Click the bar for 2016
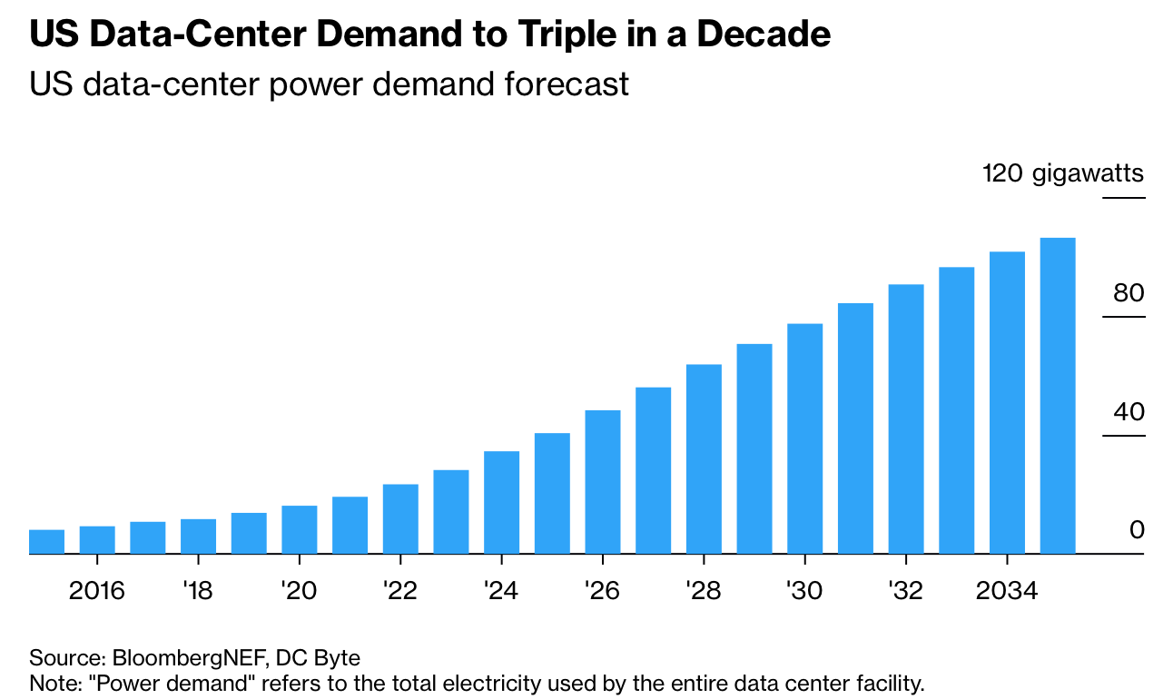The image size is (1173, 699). tap(97, 539)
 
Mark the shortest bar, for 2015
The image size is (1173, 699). tap(46, 541)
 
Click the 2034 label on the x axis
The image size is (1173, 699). tap(1006, 592)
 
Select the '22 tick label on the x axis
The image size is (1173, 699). tap(399, 592)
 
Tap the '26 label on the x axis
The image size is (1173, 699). tap(602, 592)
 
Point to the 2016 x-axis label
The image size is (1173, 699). tap(97, 592)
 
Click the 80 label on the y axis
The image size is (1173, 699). tap(1129, 293)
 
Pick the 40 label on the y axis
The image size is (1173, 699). tap(1129, 412)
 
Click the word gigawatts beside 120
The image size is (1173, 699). tap(1089, 174)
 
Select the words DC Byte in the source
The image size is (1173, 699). tap(318, 657)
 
